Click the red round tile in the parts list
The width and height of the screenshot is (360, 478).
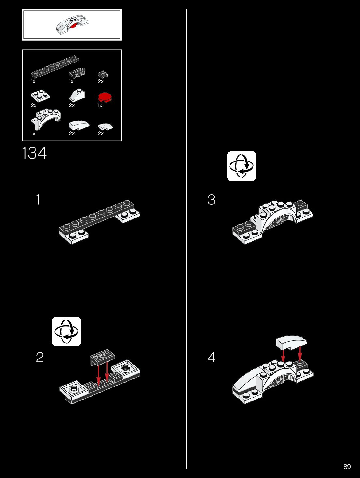coord(104,97)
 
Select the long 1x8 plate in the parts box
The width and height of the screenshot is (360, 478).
coord(55,67)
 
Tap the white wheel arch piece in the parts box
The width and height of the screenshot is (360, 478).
coord(46,119)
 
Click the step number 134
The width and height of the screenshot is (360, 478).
coord(35,153)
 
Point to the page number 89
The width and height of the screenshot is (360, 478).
coord(347,467)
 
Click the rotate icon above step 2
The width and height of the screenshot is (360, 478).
coord(66,331)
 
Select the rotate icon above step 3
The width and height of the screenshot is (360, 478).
coord(242,166)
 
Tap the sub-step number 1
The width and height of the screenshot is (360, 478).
coord(38,200)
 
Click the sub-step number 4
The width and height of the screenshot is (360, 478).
coord(211,358)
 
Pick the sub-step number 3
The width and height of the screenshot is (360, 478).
coord(211,200)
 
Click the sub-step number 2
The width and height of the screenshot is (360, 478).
coord(40,358)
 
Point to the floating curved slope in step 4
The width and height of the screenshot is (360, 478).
coord(291,342)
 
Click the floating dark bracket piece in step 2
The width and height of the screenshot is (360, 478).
coord(102,357)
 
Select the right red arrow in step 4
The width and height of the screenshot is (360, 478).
coord(300,353)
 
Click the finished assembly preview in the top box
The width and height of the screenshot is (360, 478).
coord(72,25)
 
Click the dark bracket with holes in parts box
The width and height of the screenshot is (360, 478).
coord(77,73)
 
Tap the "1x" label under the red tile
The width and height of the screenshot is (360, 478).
coord(100,105)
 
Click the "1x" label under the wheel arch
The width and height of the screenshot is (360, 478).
coord(33,134)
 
